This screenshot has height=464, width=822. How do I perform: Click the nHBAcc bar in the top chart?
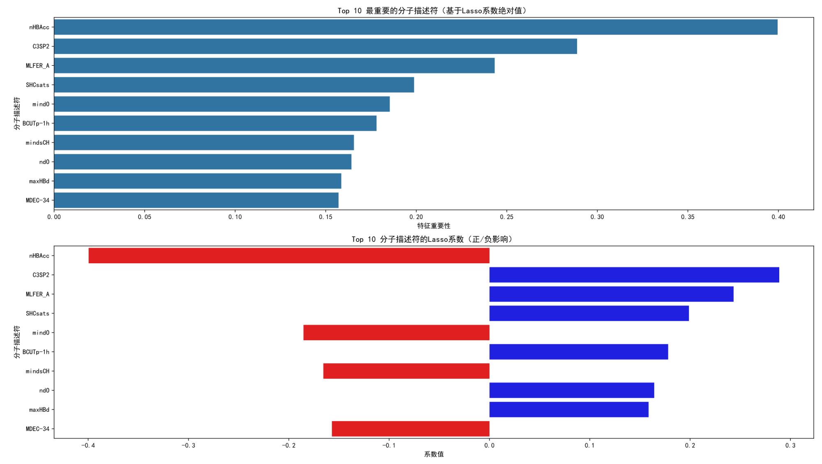pos(415,27)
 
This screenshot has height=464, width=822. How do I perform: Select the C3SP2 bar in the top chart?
pos(315,46)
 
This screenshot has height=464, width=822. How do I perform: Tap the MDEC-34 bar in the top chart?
pos(196,200)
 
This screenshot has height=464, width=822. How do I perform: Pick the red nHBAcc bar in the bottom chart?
pos(289,255)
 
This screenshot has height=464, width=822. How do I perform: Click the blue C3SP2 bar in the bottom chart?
pos(634,275)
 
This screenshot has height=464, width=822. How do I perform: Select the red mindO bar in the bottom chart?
pos(396,332)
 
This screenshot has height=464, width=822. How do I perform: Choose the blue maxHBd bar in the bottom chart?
pos(569,410)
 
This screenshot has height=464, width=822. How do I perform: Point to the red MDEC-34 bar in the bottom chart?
pos(411,429)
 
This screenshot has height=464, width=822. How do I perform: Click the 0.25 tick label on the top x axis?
pos(507,217)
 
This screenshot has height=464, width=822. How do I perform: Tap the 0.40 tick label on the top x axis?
pos(778,217)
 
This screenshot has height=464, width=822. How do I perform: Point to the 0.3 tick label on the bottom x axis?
pos(790,445)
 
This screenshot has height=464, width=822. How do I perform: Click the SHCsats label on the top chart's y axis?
pos(37,85)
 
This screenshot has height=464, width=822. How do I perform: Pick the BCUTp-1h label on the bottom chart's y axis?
pos(36,352)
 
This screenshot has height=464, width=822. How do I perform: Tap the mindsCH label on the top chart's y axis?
pos(37,143)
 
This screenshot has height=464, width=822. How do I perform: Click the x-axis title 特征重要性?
pos(434,226)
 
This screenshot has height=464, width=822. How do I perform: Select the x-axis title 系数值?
pos(434,454)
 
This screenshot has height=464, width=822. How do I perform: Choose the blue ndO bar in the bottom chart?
pos(572,390)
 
